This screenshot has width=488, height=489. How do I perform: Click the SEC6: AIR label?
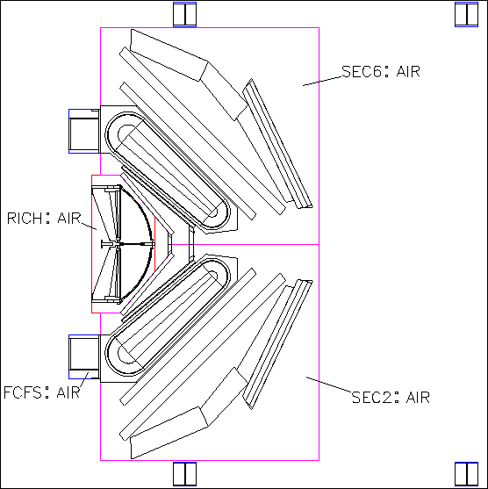381,71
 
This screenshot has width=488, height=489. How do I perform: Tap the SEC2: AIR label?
391,398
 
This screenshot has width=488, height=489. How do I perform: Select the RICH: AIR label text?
44,219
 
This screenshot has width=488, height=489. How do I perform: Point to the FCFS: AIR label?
42,392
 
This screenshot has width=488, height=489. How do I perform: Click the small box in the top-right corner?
466,14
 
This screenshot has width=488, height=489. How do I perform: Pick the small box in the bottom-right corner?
466,474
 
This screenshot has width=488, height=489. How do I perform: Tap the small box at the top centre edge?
184,14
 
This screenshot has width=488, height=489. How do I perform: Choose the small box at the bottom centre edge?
184,474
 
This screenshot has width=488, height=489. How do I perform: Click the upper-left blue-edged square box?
84,132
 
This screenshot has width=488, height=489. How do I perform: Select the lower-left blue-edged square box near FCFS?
84,356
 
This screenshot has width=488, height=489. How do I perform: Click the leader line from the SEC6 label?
322,81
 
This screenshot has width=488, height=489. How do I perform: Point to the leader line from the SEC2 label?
329,385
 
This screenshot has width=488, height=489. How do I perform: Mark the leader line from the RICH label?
89,227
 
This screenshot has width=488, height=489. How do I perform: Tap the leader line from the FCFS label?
84,380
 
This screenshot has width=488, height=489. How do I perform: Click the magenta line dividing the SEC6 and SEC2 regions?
246,244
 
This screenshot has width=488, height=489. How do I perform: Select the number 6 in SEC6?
377,71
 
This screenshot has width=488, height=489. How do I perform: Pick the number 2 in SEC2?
387,398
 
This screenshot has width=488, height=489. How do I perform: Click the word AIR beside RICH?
69,219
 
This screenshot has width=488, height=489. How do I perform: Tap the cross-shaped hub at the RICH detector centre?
118,244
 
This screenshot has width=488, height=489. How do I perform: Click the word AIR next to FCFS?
68,392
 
